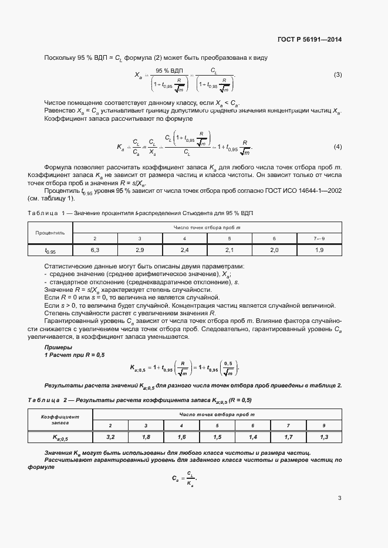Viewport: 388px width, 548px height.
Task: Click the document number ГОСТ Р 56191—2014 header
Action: [309, 40]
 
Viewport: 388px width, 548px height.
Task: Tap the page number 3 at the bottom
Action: [339, 499]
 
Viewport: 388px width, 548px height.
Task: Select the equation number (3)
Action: [338, 74]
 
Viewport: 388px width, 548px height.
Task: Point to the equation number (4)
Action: [338, 146]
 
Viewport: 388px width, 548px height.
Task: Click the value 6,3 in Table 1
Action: [95, 250]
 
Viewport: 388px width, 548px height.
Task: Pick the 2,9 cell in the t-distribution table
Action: [139, 250]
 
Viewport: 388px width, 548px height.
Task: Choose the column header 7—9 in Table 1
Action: [319, 239]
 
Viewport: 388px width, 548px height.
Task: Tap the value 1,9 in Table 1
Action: [319, 250]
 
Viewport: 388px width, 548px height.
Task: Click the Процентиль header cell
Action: [50, 233]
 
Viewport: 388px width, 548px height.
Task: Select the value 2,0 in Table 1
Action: [274, 250]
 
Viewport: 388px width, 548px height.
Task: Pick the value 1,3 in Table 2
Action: [324, 437]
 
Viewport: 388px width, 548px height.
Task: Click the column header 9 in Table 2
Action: [324, 425]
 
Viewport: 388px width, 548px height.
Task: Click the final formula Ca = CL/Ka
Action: [184, 478]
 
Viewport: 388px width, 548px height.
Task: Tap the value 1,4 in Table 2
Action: [252, 437]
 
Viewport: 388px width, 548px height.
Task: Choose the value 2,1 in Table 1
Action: [229, 250]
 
